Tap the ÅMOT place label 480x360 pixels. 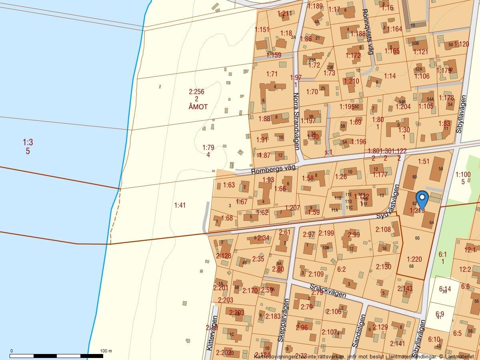pyautogui.click(x=196, y=107)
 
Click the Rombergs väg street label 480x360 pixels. pyautogui.click(x=273, y=170)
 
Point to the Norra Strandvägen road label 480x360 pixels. pyautogui.click(x=296, y=121)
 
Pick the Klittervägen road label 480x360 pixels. pyautogui.click(x=212, y=333)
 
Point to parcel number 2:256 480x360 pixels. pyautogui.click(x=196, y=92)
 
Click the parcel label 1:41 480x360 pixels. pyautogui.click(x=180, y=205)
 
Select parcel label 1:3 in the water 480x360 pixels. pyautogui.click(x=28, y=142)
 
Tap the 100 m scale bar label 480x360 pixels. pyautogui.click(x=106, y=351)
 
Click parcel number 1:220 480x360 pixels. pyautogui.click(x=414, y=259)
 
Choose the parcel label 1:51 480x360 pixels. pyautogui.click(x=423, y=161)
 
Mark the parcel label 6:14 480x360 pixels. pyautogui.click(x=445, y=289)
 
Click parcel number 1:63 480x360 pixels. pyautogui.click(x=229, y=185)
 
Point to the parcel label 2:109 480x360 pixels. pyautogui.click(x=316, y=274)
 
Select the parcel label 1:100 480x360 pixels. pyautogui.click(x=463, y=174)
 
